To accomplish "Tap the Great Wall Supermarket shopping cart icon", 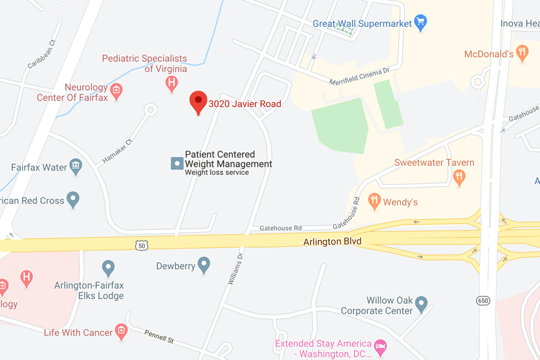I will (421, 22).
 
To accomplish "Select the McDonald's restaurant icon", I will (522, 52).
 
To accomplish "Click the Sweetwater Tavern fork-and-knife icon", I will (459, 176).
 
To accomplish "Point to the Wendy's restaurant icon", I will (374, 201).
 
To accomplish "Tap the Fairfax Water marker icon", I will (75, 166).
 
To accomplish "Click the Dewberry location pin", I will (203, 264).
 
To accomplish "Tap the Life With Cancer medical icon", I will (120, 330).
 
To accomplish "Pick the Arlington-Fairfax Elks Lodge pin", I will (108, 268).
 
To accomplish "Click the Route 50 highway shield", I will (141, 245).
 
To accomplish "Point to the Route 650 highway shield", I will (483, 300).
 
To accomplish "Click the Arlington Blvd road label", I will (332, 242).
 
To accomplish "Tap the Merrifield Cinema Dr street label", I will (359, 77).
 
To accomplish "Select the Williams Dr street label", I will (235, 268).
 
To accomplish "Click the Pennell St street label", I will (159, 336).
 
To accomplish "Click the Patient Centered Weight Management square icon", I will (177, 163).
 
